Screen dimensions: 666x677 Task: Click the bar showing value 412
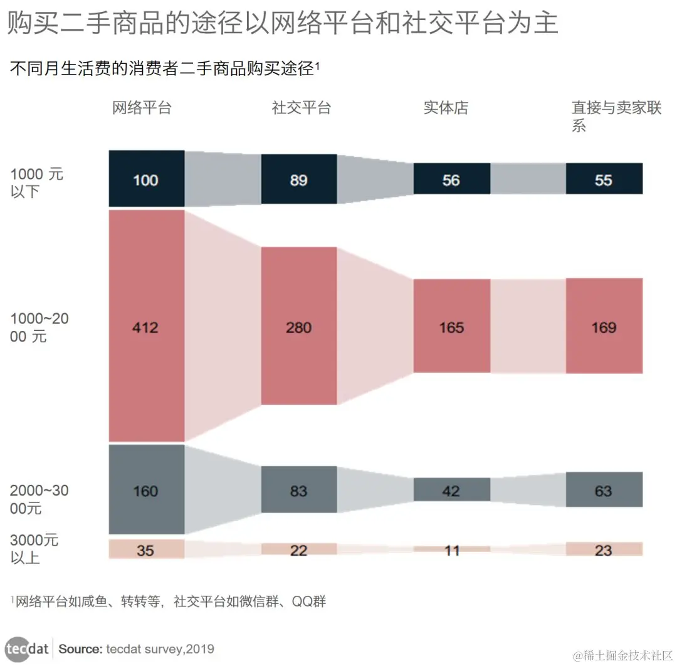click(146, 326)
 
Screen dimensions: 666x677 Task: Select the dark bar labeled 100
click(146, 179)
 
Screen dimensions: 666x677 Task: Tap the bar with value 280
click(298, 326)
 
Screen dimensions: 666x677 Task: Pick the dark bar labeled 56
click(451, 179)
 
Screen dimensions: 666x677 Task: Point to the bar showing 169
click(604, 326)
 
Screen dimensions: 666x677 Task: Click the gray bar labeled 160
click(146, 489)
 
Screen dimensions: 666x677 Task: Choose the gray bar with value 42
click(451, 489)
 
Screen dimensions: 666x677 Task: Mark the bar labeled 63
click(604, 489)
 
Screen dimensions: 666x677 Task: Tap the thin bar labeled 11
click(451, 549)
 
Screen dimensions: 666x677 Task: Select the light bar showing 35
click(146, 549)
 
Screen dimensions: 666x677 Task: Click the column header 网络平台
click(142, 108)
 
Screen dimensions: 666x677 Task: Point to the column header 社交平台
click(301, 108)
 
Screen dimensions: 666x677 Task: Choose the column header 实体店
click(446, 108)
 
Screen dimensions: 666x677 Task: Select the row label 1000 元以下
click(36, 182)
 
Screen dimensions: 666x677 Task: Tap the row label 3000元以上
click(34, 548)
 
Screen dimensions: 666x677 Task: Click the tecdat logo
click(28, 648)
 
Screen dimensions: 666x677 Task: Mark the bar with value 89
click(298, 179)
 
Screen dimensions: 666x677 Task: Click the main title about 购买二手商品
click(282, 24)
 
